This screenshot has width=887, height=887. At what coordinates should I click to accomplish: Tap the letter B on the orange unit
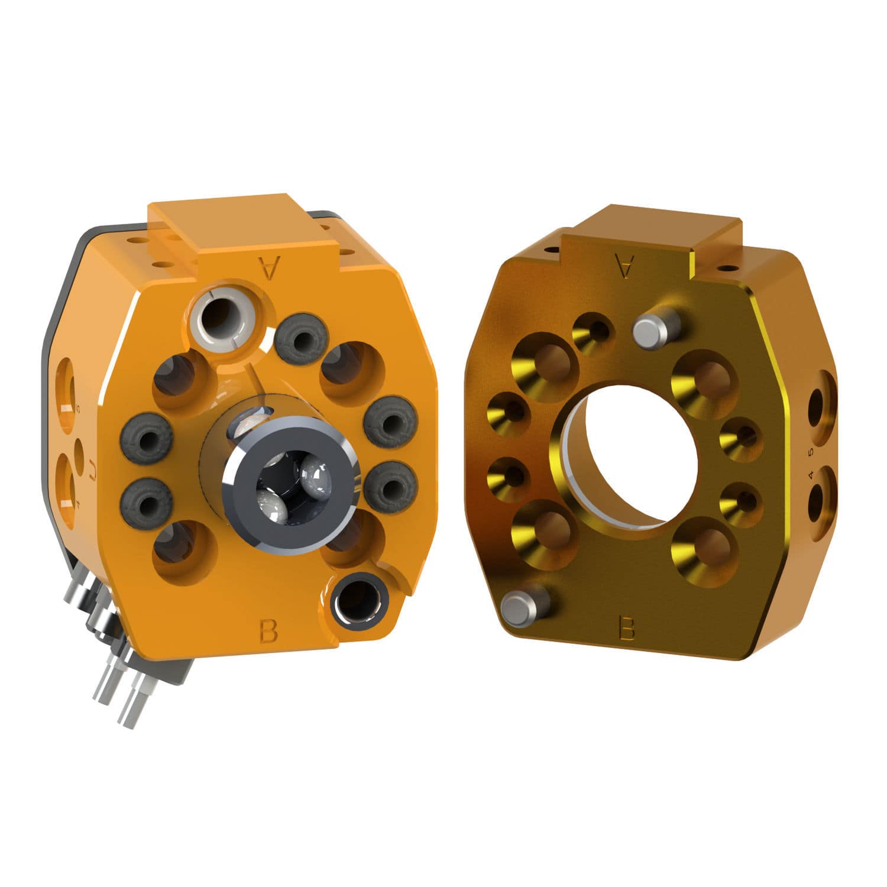[268, 631]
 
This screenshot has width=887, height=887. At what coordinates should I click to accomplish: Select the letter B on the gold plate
[626, 628]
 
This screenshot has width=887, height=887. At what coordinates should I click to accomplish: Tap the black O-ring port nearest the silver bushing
[302, 339]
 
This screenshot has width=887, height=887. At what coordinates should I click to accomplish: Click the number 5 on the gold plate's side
[810, 452]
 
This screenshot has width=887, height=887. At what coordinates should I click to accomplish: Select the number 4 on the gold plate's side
[810, 475]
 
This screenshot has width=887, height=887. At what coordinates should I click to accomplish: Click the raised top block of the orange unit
[237, 225]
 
